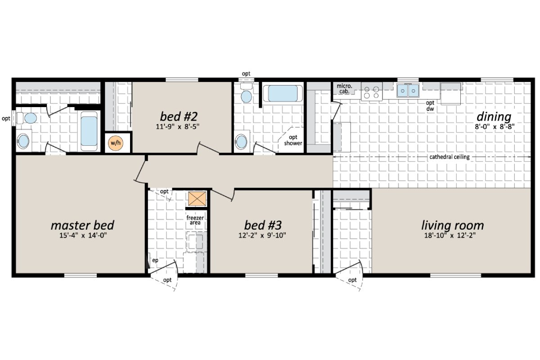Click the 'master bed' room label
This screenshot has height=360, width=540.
82,225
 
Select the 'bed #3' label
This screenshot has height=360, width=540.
263,225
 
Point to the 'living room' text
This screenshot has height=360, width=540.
452,225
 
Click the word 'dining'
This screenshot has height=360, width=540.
495,117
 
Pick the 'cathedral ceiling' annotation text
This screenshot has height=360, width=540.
450,157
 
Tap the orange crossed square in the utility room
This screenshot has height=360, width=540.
197,198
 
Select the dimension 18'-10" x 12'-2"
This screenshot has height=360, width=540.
452,235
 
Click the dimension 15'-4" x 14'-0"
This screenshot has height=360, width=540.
82,235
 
